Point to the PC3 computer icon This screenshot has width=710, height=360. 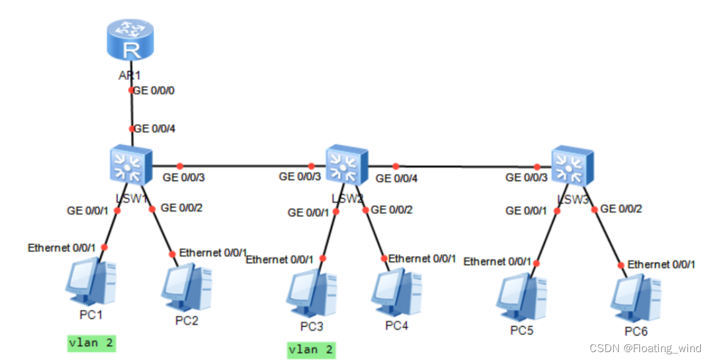pos(311,295)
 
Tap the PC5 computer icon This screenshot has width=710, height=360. pos(521,298)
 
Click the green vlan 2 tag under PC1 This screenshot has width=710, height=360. pos(91,343)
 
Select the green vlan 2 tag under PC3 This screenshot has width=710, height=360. pos(311,350)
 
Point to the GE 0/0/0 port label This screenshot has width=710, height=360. pos(154,91)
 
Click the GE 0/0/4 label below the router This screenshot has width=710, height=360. pos(154,129)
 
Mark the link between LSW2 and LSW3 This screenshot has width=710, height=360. pos(465,165)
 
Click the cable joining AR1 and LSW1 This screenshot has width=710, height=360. pos(131,109)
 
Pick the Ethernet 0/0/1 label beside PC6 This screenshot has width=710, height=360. pos(661,265)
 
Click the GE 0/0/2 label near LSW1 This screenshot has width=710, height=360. pos(181,208)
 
